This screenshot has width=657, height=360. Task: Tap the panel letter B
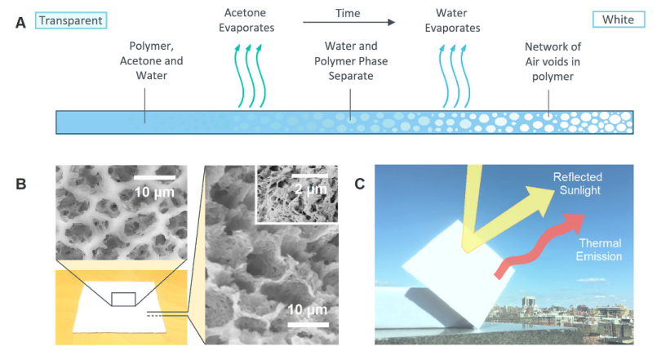coord(20,183)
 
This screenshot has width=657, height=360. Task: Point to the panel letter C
coord(360,183)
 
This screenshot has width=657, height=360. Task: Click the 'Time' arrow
coord(346,24)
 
